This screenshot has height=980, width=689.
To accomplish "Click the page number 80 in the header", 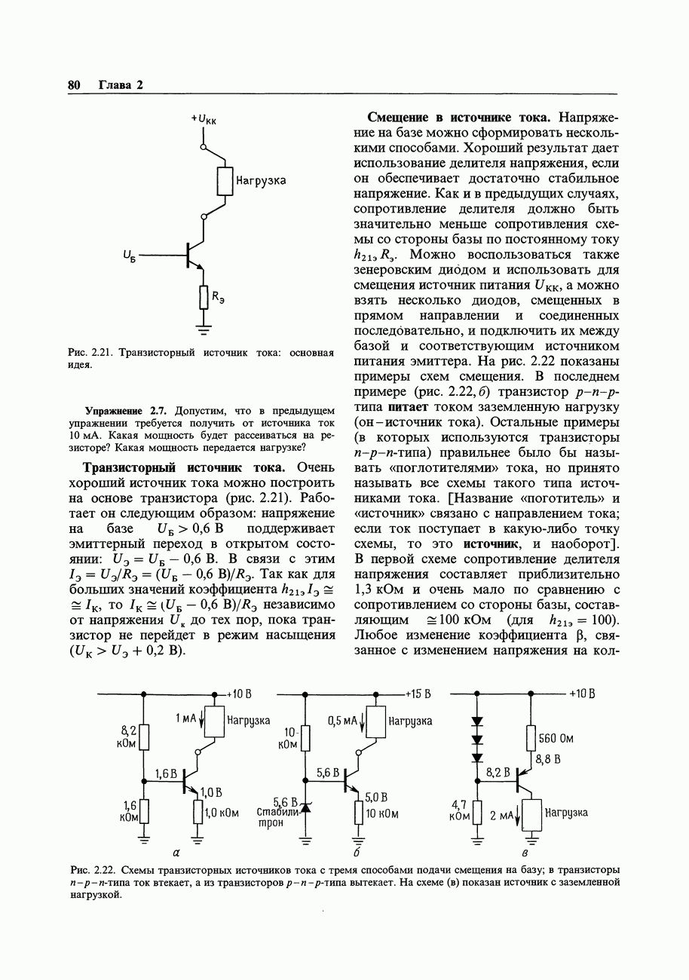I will click(74, 84).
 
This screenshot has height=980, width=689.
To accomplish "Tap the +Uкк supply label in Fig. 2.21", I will click(203, 119).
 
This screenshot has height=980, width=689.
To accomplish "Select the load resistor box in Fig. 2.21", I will click(225, 181).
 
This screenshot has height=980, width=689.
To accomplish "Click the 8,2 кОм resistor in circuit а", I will click(145, 737).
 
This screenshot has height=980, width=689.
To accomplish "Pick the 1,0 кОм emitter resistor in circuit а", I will click(198, 813).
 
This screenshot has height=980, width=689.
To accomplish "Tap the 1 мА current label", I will click(185, 720).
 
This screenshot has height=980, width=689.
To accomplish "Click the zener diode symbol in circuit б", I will click(306, 808).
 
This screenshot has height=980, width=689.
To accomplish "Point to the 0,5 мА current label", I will click(342, 721).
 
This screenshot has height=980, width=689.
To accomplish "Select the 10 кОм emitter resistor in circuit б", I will click(359, 814).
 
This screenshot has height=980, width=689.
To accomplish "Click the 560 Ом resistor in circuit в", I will click(531, 739).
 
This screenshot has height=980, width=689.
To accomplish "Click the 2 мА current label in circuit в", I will click(501, 816).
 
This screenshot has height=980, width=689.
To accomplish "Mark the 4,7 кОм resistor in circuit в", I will click(476, 813).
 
